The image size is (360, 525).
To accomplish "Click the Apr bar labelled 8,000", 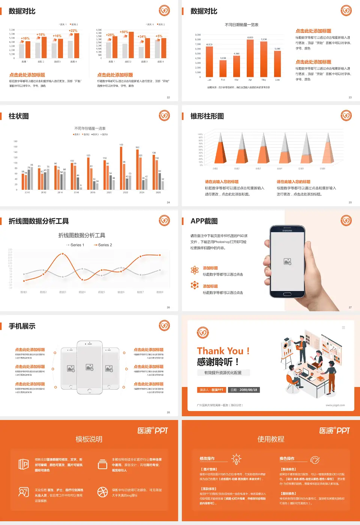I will (250, 58).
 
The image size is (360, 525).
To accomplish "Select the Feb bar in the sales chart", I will (223, 68).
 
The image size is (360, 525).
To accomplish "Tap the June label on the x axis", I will (277, 80).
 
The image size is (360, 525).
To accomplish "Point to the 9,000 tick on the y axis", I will (198, 35).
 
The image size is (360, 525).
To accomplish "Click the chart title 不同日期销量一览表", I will (241, 25).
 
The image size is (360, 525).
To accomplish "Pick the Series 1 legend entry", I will (75, 245).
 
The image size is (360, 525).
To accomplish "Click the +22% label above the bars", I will (73, 31).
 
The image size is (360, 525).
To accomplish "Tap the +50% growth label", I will (124, 32).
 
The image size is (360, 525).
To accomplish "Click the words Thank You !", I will (223, 351).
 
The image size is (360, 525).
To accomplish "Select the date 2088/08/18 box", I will (244, 390).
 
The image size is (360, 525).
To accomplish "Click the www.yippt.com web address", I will (335, 405).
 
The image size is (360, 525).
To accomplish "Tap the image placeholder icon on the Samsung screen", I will (288, 261).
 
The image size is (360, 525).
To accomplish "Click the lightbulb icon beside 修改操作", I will (236, 459).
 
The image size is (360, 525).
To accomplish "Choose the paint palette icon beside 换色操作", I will (315, 459).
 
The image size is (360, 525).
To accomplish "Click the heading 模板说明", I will (89, 439).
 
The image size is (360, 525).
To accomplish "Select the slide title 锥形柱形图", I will (207, 116).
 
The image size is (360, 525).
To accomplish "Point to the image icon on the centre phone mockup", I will (90, 367).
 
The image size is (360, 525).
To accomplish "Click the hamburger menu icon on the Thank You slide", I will (343, 327).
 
